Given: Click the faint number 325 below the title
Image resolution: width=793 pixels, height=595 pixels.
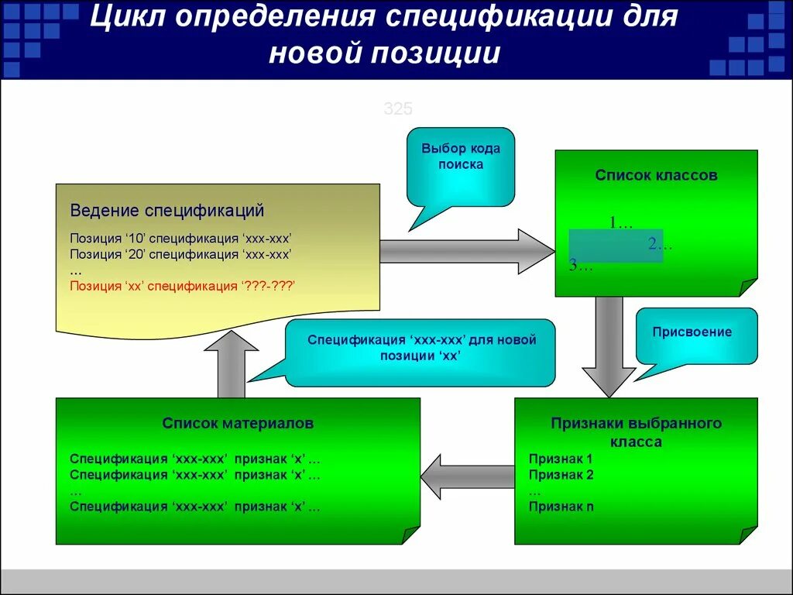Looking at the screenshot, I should (398, 109).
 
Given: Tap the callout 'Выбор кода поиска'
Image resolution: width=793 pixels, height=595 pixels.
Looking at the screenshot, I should (461, 156).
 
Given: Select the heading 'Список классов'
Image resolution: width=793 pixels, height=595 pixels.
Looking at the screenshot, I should (656, 175).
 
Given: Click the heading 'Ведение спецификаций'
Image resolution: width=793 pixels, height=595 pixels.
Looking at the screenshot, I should (167, 211).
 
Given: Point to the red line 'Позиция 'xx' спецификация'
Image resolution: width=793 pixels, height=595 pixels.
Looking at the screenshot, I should (183, 286).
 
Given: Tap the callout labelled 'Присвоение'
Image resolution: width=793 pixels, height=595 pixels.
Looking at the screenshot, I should (692, 332).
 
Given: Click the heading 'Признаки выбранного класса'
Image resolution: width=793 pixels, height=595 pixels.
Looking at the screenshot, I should (636, 432).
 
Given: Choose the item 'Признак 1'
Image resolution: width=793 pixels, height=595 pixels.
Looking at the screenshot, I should (561, 459).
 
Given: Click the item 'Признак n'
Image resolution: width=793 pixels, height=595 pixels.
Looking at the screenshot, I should (561, 507).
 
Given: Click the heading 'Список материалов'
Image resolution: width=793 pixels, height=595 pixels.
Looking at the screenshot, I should (238, 423).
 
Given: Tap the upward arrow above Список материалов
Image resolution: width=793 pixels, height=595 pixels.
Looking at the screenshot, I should (231, 364).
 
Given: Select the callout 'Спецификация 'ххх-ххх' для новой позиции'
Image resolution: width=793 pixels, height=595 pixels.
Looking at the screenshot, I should (421, 348).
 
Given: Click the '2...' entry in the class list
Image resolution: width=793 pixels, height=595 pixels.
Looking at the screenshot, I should (660, 245).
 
